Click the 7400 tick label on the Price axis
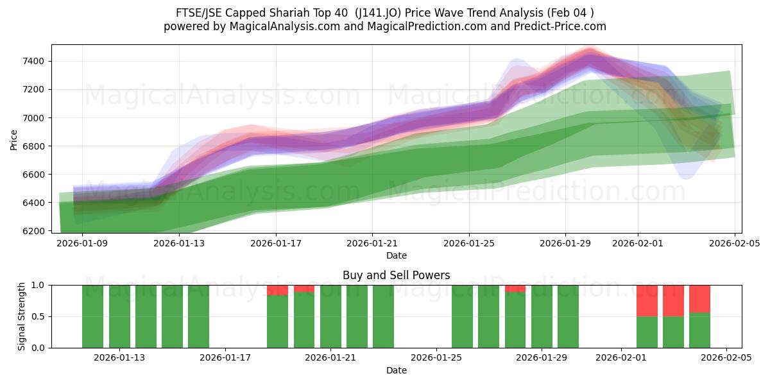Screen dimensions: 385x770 (x=32, y=62)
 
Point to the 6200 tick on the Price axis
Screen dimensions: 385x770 (x=32, y=231)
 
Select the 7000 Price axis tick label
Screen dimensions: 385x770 (x=32, y=118)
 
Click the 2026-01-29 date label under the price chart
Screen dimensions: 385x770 (x=565, y=243)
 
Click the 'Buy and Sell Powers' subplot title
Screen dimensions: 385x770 (x=396, y=275)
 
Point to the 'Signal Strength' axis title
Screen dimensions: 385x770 (x=22, y=316)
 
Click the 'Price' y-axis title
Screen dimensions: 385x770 (x=14, y=139)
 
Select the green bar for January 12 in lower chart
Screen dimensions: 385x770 (x=93, y=316)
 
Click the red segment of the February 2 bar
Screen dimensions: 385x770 (x=647, y=300)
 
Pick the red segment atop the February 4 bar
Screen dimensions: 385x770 (x=699, y=298)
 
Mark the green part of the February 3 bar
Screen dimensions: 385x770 (x=673, y=332)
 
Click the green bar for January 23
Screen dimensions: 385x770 (x=383, y=316)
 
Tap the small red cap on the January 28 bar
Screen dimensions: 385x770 (x=515, y=289)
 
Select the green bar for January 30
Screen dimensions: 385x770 (x=568, y=316)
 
